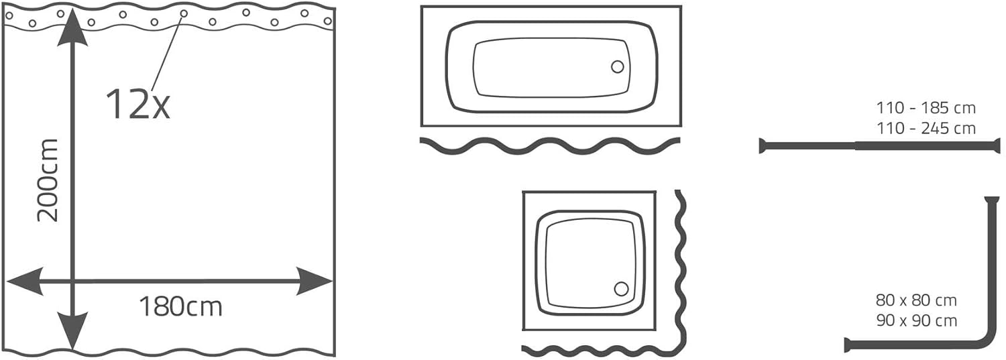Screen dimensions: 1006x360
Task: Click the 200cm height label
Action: pyautogui.click(x=48, y=180)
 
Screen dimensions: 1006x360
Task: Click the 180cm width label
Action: pyautogui.click(x=180, y=307)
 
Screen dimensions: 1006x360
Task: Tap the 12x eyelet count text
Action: pyautogui.click(x=137, y=104)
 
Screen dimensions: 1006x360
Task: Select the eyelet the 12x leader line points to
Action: pyautogui.click(x=184, y=13)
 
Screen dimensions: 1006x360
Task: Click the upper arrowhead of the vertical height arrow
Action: pyautogui.click(x=72, y=32)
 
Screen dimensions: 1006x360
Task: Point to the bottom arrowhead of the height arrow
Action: pyautogui.click(x=72, y=332)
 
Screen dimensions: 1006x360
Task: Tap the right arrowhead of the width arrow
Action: pyautogui.click(x=313, y=282)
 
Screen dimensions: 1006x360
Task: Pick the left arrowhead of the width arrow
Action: pyautogui.click(x=25, y=282)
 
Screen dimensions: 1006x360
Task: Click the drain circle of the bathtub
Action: pyautogui.click(x=617, y=67)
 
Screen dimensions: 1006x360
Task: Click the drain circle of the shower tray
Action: pyautogui.click(x=621, y=289)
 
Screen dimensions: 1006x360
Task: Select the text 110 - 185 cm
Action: pyautogui.click(x=926, y=108)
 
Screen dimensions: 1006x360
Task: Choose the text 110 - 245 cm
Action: pyautogui.click(x=926, y=128)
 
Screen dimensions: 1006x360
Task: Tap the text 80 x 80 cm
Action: pyautogui.click(x=916, y=300)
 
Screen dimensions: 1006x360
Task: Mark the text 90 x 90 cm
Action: pyautogui.click(x=916, y=320)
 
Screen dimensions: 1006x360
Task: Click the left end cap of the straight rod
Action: pyautogui.click(x=762, y=146)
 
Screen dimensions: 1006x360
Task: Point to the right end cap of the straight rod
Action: pyautogui.click(x=997, y=146)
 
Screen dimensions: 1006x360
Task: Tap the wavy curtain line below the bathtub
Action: pyautogui.click(x=550, y=146)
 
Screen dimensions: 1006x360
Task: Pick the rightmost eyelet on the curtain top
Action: pyautogui.click(x=328, y=21)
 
